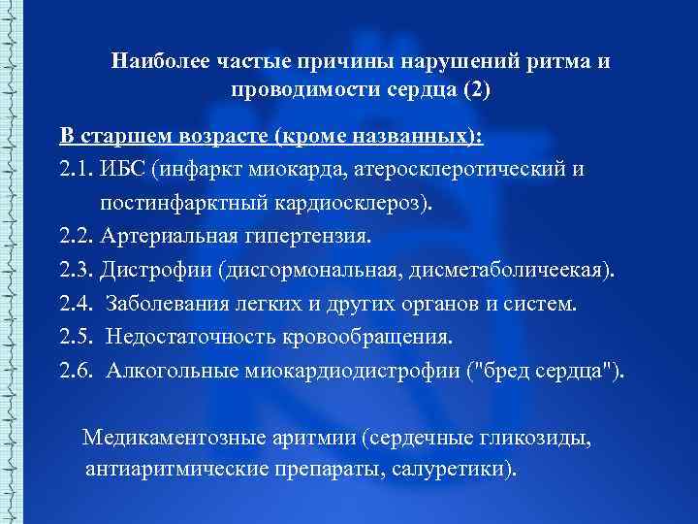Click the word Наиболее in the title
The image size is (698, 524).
tap(155, 61)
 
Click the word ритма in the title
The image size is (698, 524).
tap(556, 61)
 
